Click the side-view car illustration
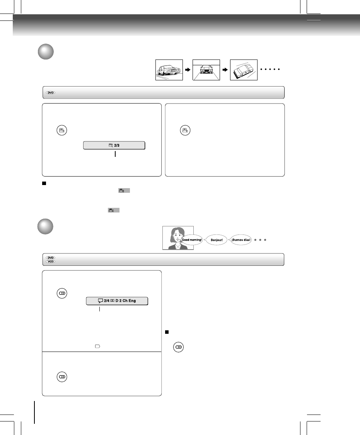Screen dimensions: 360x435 169,70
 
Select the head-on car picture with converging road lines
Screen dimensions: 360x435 206,70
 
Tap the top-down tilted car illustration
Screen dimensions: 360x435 244,70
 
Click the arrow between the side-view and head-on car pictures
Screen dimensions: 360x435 188,70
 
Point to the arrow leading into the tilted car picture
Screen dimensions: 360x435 225,70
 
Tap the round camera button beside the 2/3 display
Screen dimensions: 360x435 62,130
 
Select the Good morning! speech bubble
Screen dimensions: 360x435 192,240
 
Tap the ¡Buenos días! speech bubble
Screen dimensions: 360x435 241,240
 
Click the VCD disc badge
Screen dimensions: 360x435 50,261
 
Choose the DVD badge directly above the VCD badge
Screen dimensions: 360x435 50,257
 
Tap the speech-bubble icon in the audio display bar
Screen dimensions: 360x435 100,301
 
